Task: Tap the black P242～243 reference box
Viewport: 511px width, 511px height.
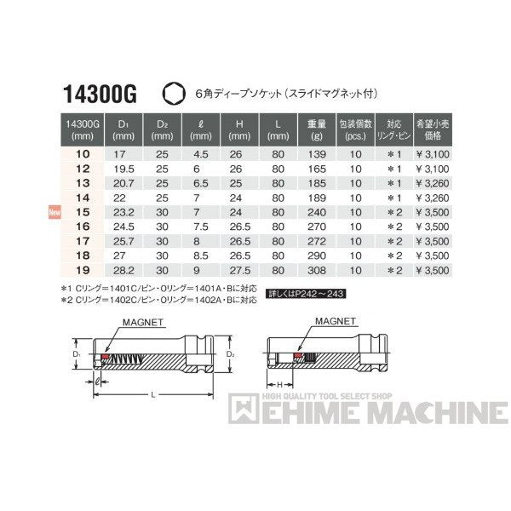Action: tap(318, 294)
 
